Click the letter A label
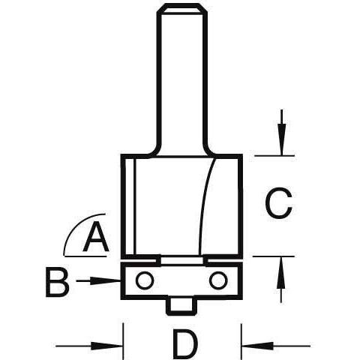point(96,238)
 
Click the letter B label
point(57,282)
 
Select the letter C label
point(278,202)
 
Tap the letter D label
point(185,344)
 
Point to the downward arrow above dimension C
point(282,133)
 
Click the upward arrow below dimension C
point(281,280)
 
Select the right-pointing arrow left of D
point(89,346)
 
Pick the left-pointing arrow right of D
point(276,346)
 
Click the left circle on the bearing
point(144,280)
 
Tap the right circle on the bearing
point(218,280)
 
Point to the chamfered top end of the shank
point(181,10)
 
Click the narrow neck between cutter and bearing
point(181,261)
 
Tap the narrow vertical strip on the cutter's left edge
point(128,206)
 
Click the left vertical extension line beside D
point(123,340)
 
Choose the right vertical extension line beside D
point(241,340)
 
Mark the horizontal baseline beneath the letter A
point(85,256)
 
